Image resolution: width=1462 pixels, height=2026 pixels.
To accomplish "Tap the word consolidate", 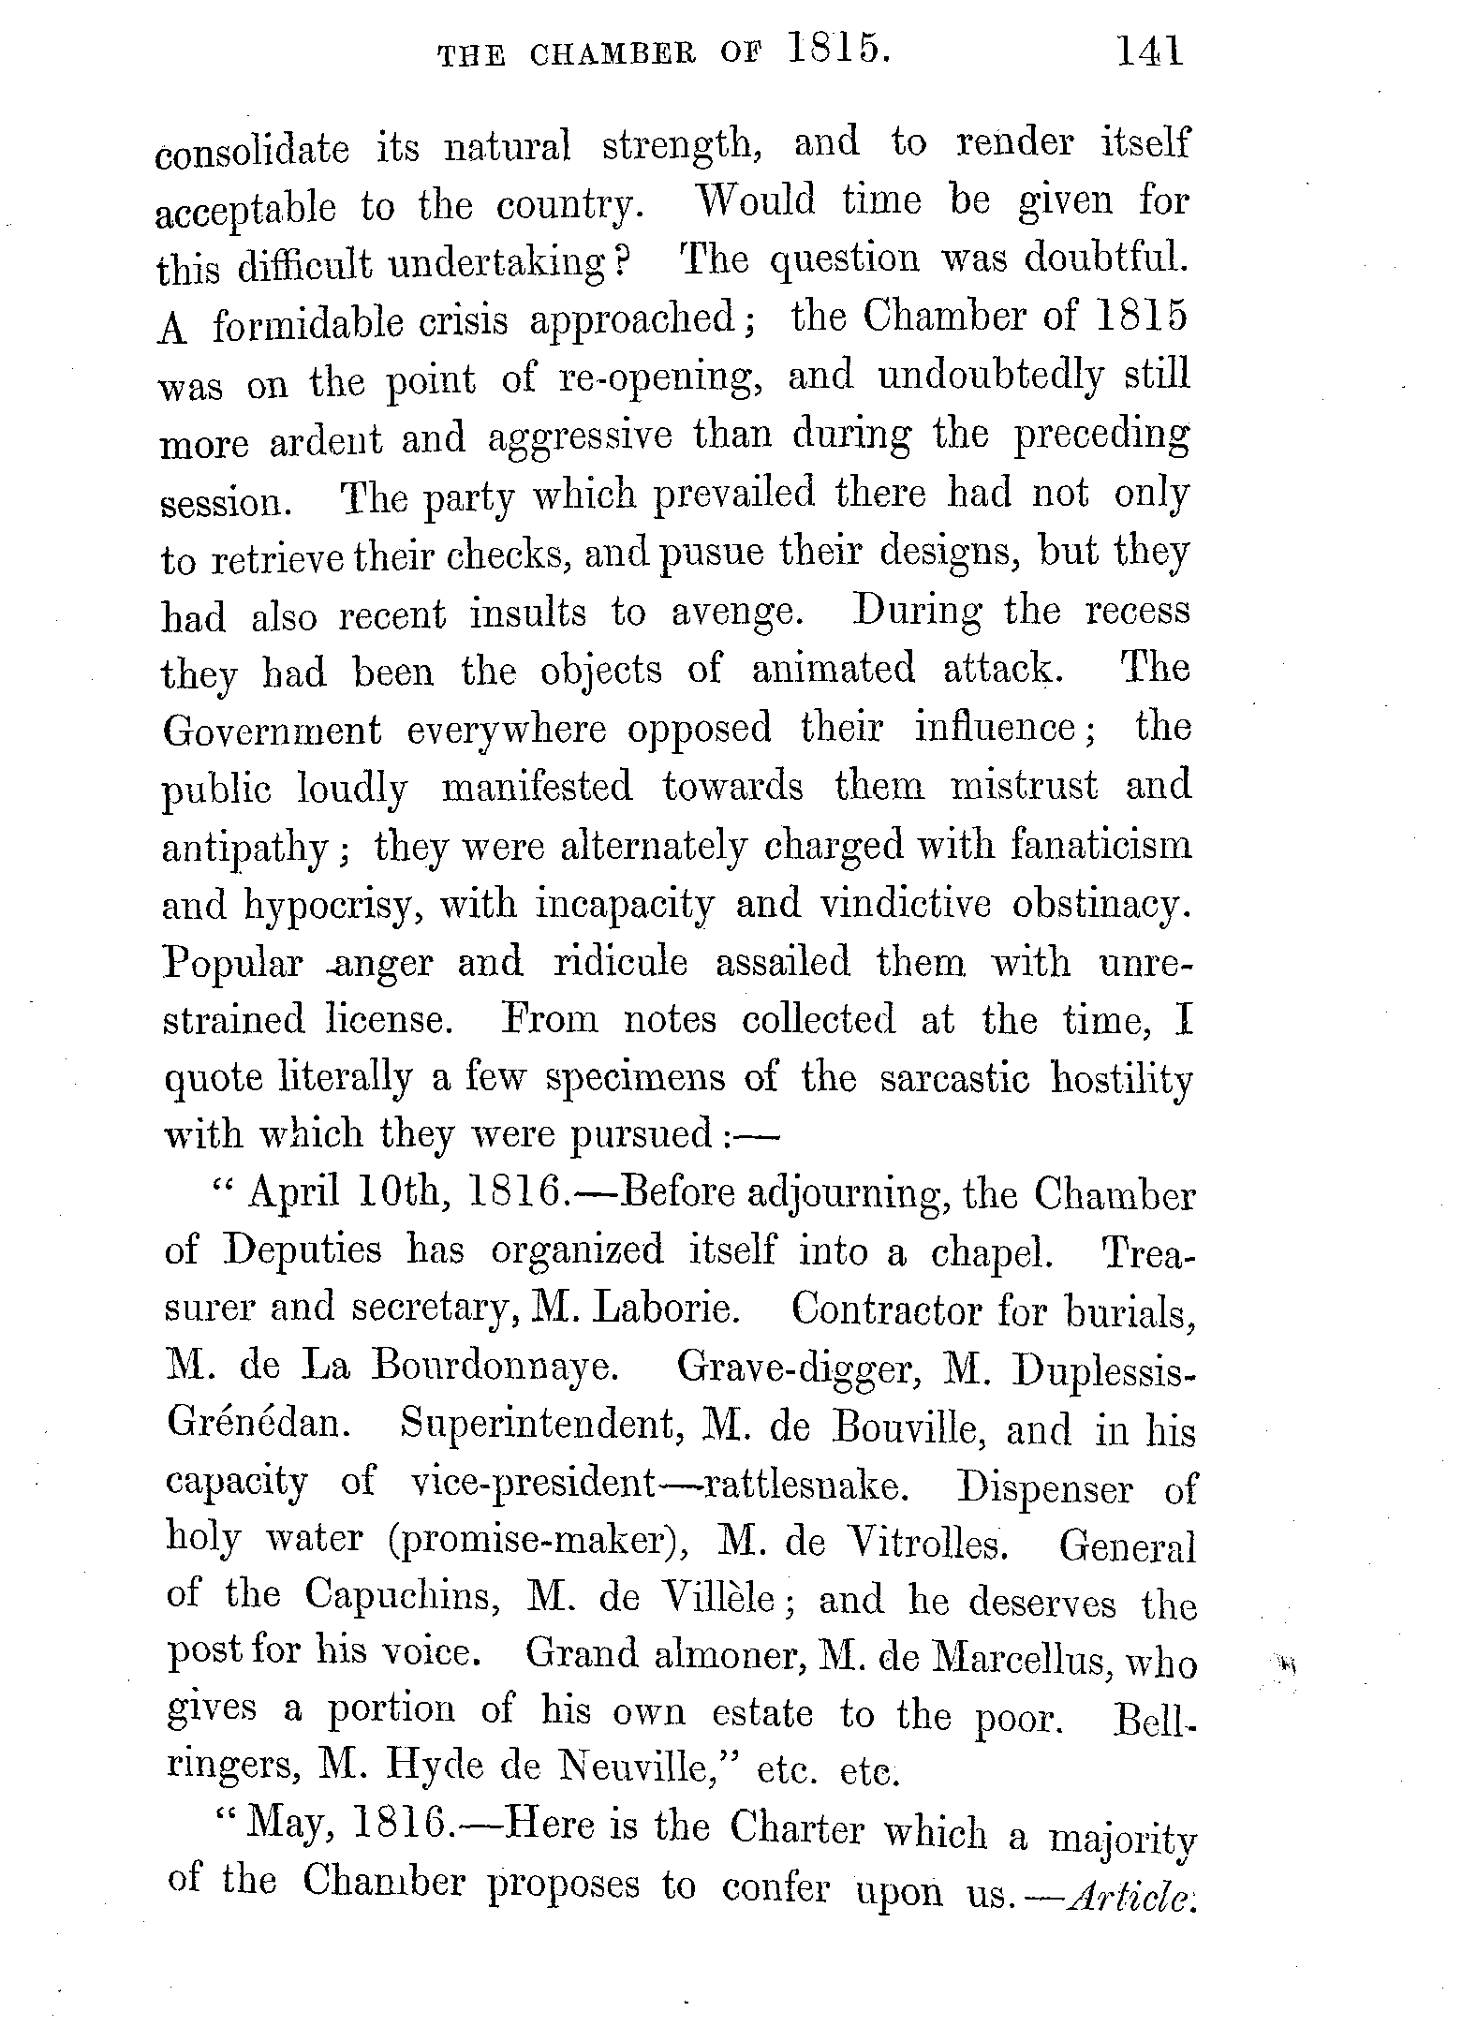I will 252,151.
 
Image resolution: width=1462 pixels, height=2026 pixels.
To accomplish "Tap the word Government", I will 273,730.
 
